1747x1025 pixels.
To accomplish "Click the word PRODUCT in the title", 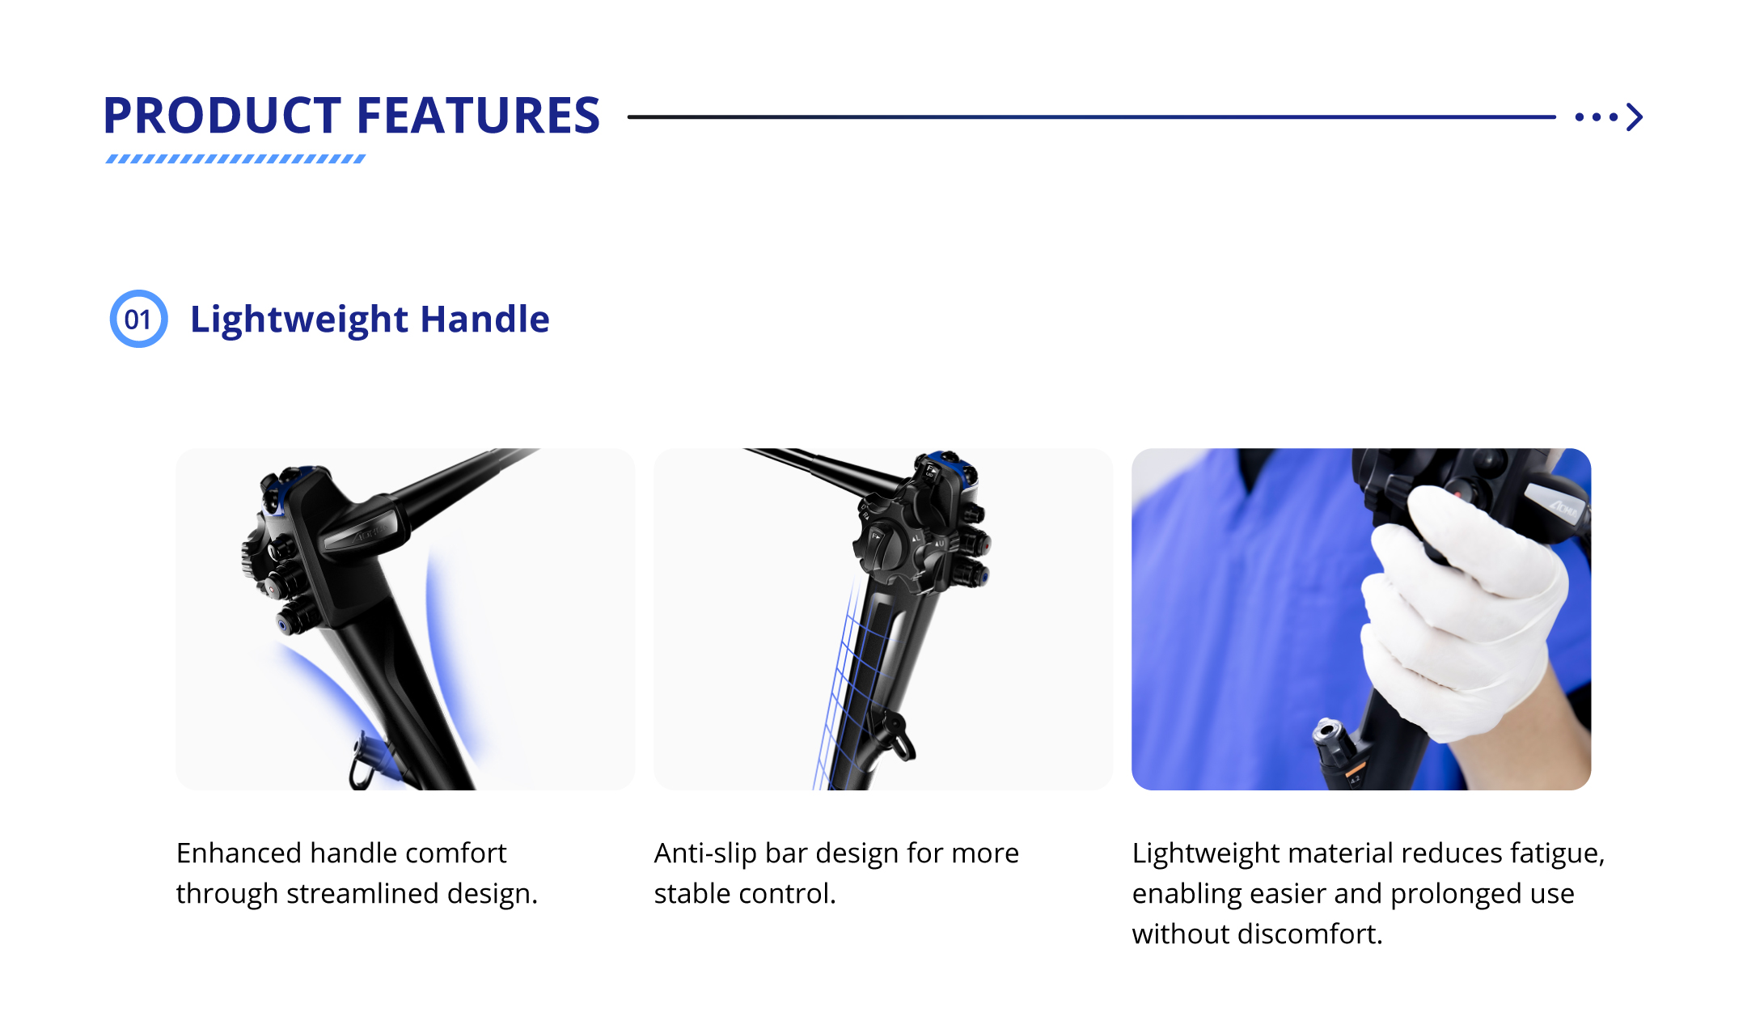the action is click(x=222, y=116).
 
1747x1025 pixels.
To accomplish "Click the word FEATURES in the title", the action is click(x=479, y=116).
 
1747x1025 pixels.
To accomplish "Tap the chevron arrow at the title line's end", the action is click(x=1635, y=116).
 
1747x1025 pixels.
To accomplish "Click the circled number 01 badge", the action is click(x=138, y=319).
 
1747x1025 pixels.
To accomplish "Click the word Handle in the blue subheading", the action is click(x=485, y=319).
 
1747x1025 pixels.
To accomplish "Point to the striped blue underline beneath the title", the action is click(x=235, y=159).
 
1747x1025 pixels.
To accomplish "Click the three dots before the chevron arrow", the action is click(x=1597, y=117).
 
